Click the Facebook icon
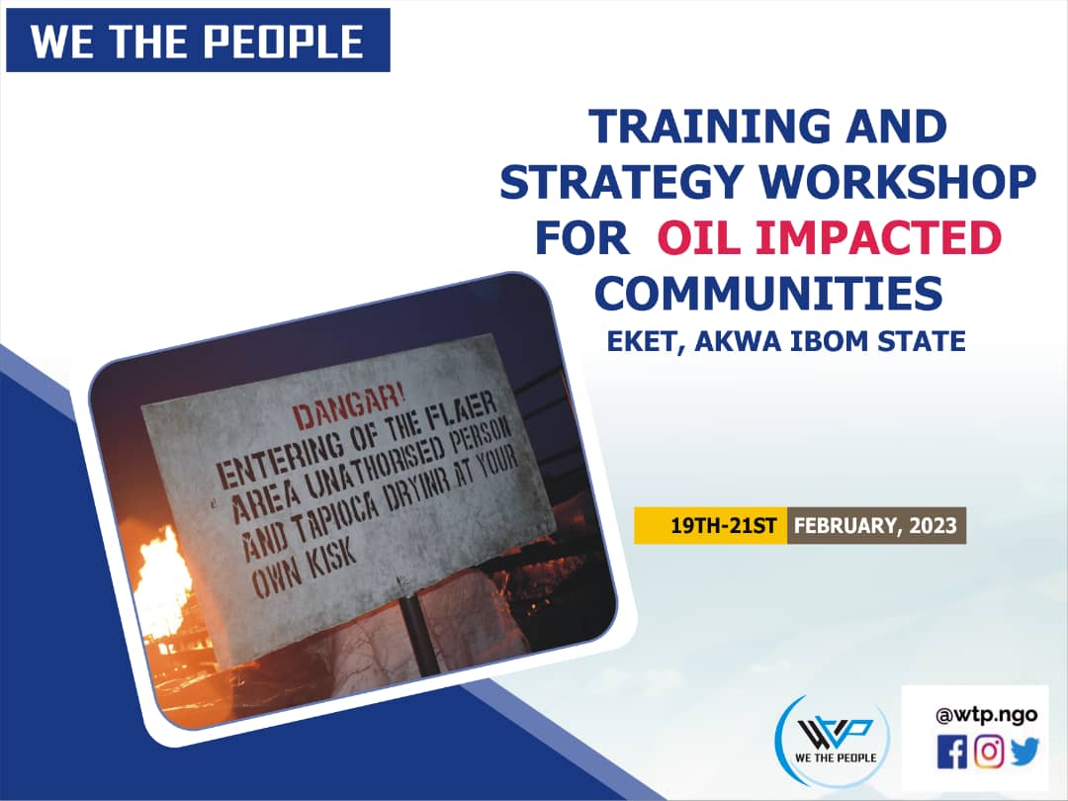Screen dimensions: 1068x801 [951, 752]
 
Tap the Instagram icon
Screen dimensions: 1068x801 [988, 752]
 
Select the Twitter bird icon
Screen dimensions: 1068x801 [1024, 752]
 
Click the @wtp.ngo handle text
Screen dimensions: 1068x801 [986, 715]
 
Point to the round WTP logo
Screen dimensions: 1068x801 [833, 741]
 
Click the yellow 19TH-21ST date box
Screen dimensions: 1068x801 [710, 526]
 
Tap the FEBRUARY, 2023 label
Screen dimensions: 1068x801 [876, 526]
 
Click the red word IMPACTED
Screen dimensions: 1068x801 [879, 237]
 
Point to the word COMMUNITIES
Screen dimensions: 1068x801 [768, 293]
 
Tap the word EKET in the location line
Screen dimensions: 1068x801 [645, 341]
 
